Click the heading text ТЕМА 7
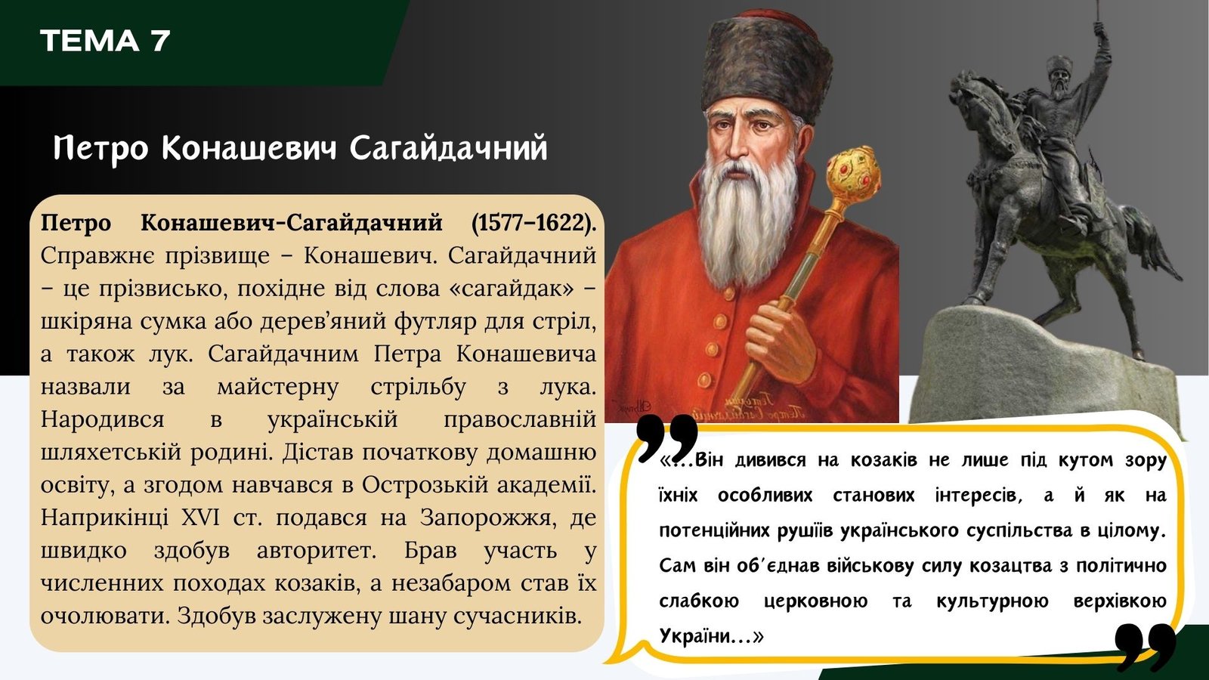tap(105, 41)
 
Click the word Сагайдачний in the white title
tap(449, 149)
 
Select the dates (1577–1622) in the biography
tap(533, 222)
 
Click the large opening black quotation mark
tap(667, 437)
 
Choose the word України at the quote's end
tap(691, 635)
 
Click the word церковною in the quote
tap(815, 601)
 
